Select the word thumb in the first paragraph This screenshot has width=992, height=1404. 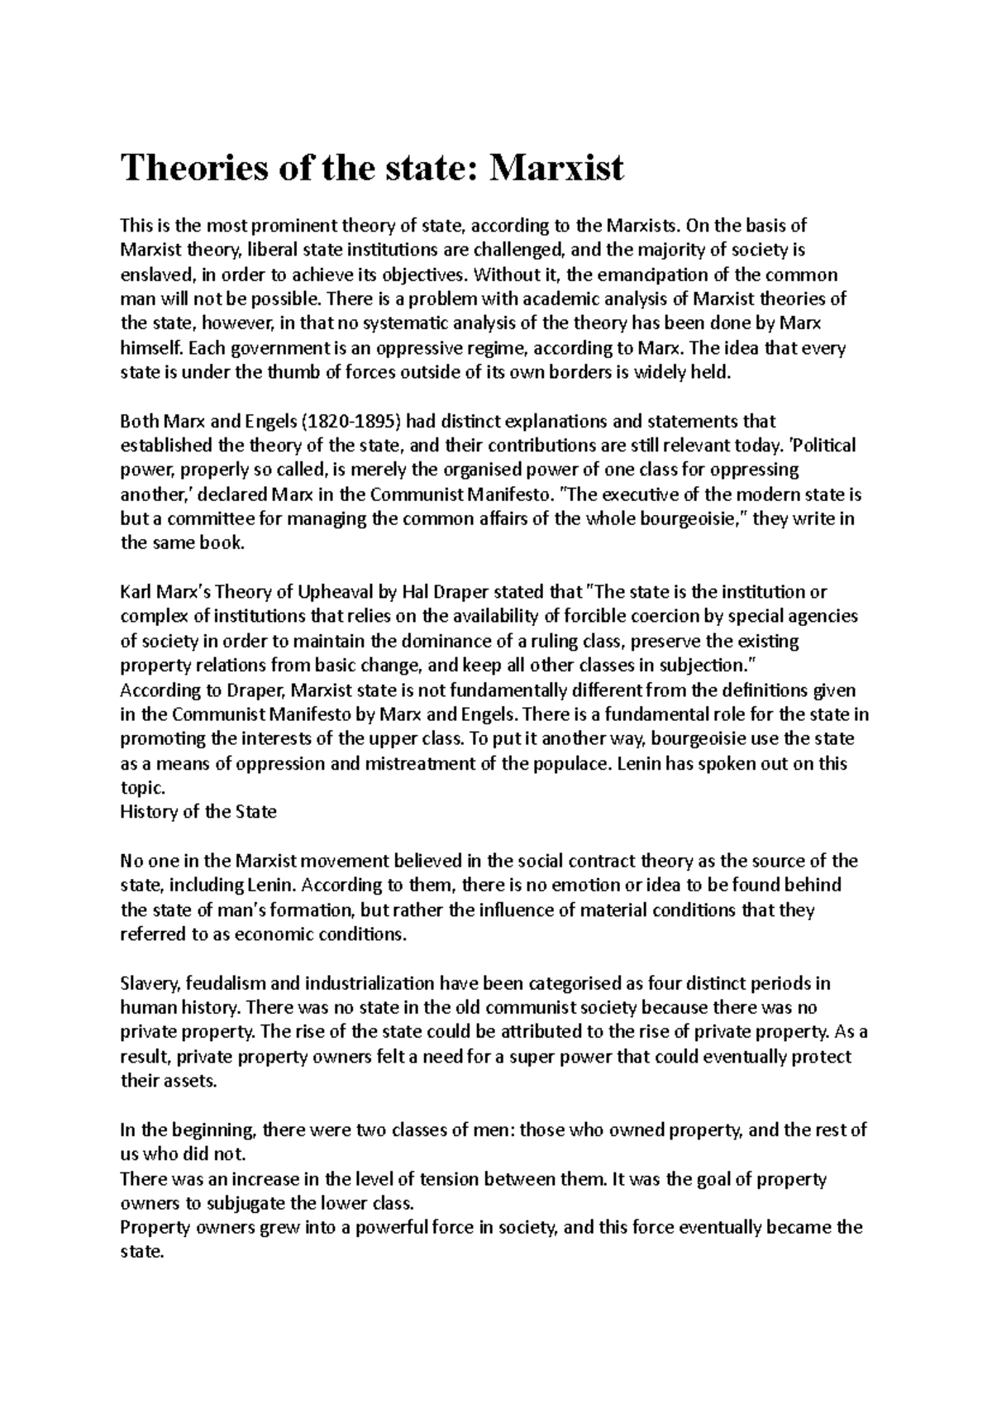click(297, 373)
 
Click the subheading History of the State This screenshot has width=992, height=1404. click(198, 812)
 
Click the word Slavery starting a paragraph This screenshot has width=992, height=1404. click(149, 984)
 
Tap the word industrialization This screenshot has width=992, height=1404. click(369, 984)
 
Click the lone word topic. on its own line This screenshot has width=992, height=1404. click(143, 787)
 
